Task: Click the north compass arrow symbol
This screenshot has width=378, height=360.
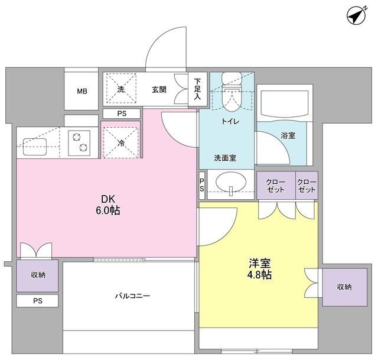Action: tap(357, 17)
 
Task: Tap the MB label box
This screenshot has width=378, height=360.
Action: tap(82, 91)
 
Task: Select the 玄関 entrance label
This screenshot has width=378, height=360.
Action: tap(159, 90)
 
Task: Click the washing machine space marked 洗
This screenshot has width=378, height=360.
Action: tap(121, 89)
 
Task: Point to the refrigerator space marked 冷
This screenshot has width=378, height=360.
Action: tap(120, 142)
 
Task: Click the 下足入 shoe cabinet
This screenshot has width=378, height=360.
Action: tap(197, 89)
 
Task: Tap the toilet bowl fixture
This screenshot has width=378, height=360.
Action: tap(232, 95)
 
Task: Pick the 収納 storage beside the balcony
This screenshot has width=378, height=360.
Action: tap(37, 275)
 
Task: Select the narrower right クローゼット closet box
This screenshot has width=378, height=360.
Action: tap(307, 186)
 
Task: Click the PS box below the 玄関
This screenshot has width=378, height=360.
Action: tap(121, 113)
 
